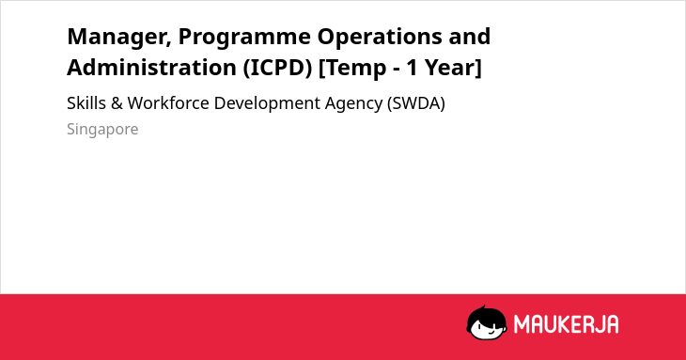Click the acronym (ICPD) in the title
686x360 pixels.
(x=278, y=68)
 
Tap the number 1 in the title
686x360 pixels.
(x=412, y=68)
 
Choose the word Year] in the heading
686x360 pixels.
(x=453, y=68)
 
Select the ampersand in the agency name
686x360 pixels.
(x=117, y=103)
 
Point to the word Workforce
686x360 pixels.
(x=168, y=103)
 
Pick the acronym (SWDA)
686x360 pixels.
(x=416, y=104)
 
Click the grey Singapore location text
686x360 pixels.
(x=102, y=130)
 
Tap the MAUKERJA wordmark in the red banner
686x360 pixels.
(x=566, y=324)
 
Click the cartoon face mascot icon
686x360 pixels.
(x=487, y=322)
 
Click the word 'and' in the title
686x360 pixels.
(x=470, y=37)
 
